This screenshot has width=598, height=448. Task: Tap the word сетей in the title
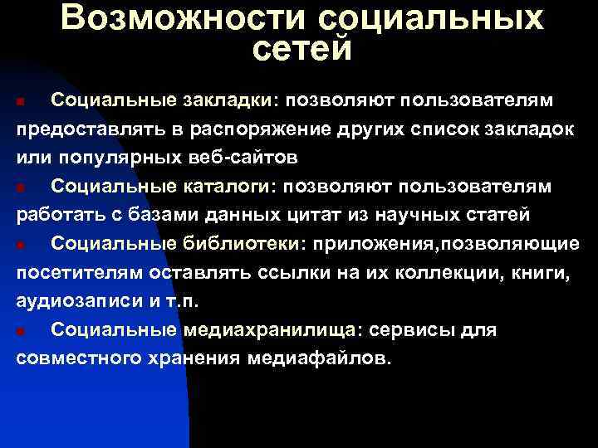301,48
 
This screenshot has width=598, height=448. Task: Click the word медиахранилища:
281,330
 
